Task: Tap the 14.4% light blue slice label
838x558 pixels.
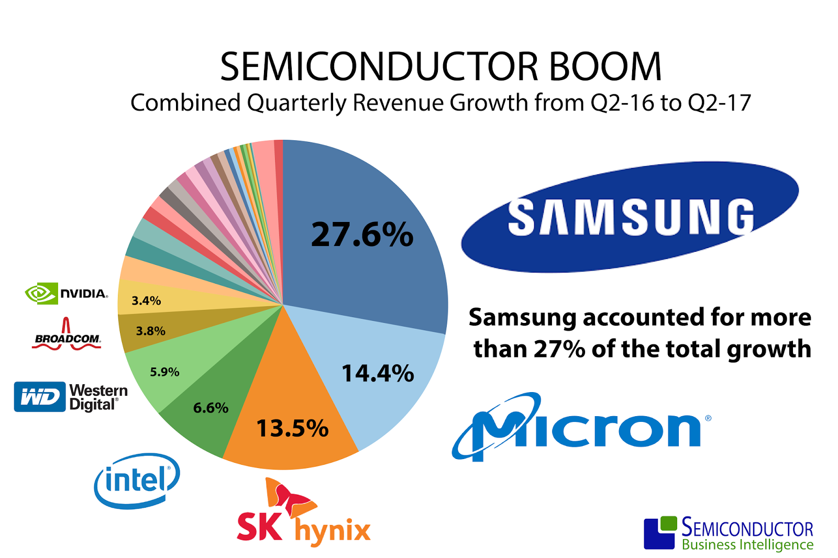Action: click(x=378, y=373)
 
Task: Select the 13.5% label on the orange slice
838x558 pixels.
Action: click(x=292, y=428)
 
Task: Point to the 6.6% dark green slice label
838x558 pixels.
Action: click(x=211, y=407)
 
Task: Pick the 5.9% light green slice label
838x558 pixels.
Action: click(x=164, y=372)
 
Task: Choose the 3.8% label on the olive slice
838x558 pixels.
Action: click(x=150, y=331)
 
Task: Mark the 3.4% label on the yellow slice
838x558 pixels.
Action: click(x=146, y=300)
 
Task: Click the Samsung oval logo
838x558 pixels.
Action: click(x=630, y=217)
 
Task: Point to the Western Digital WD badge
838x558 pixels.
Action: click(x=40, y=397)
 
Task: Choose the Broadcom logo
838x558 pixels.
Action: click(x=67, y=335)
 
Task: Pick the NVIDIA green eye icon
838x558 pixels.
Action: click(x=40, y=294)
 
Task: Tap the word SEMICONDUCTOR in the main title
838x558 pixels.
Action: click(x=379, y=67)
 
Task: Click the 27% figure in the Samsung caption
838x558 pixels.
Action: click(x=559, y=349)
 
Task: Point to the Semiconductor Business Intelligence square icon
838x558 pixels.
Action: click(x=659, y=532)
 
